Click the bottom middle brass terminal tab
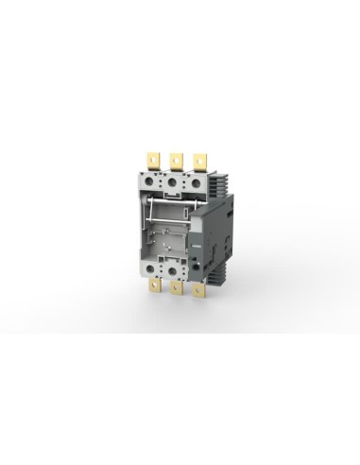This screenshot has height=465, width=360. (176, 290)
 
